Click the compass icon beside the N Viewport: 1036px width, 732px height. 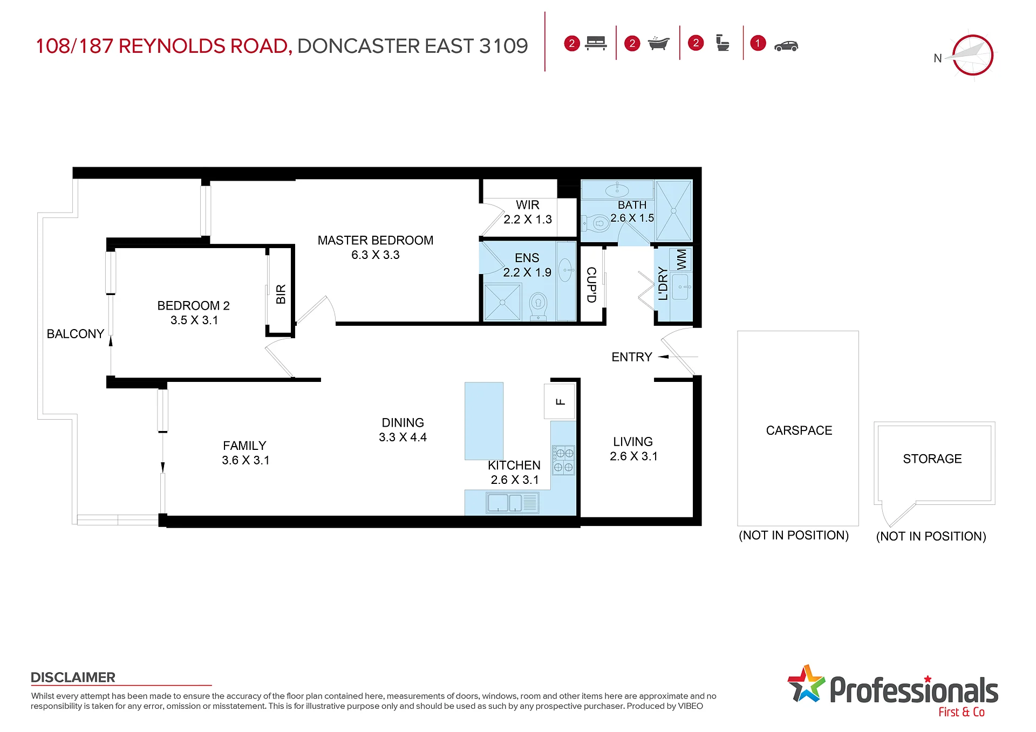972,54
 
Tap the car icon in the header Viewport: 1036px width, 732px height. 786,46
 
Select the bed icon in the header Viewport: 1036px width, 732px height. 596,43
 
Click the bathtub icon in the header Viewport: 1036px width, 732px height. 658,43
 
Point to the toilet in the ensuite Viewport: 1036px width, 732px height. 538,306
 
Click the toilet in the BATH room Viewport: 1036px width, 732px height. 596,223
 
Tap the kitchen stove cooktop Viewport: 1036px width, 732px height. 563,460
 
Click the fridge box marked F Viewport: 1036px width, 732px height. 560,402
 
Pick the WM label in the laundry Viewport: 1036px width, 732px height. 681,259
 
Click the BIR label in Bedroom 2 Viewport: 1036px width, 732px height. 281,295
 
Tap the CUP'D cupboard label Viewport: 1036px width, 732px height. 591,285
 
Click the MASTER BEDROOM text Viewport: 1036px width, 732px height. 376,241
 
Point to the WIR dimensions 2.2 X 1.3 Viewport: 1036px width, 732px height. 528,220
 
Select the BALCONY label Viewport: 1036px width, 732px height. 76,334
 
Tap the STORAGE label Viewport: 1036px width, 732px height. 932,459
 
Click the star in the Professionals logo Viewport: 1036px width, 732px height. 806,683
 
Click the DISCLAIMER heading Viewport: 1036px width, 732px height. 73,678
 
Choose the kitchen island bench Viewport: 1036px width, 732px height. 484,421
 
